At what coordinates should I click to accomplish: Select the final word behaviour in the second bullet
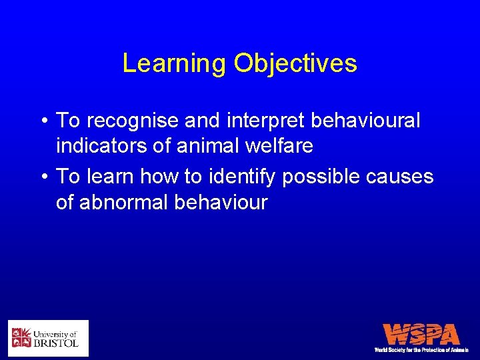(220, 202)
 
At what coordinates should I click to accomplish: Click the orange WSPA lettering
(421, 333)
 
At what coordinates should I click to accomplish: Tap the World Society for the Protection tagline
(421, 349)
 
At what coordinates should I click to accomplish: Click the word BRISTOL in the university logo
(56, 343)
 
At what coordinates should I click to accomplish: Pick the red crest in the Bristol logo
(21, 338)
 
